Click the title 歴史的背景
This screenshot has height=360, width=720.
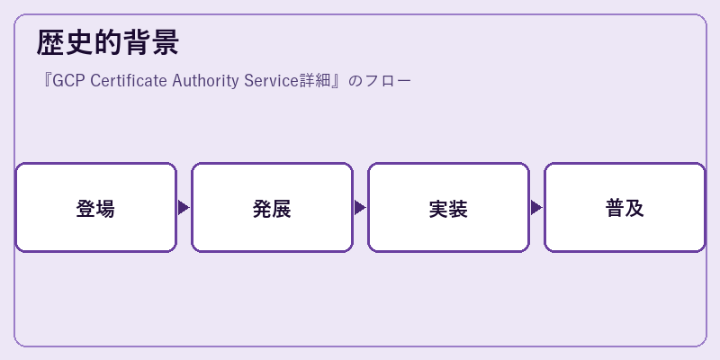[107, 42]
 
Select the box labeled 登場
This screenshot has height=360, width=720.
[95, 208]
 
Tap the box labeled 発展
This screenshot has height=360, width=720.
[272, 208]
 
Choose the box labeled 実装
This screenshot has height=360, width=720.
[448, 208]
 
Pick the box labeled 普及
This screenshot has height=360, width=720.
[625, 208]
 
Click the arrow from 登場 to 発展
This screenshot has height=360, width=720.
[184, 208]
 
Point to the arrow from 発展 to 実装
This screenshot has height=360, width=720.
[360, 208]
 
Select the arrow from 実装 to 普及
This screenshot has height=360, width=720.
[536, 208]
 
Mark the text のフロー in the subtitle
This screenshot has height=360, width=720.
[379, 81]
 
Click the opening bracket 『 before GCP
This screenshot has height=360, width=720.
[47, 81]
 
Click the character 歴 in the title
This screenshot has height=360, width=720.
[50, 42]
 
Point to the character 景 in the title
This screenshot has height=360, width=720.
[165, 42]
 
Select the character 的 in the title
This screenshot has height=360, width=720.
[107, 42]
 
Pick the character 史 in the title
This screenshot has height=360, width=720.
[79, 42]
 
